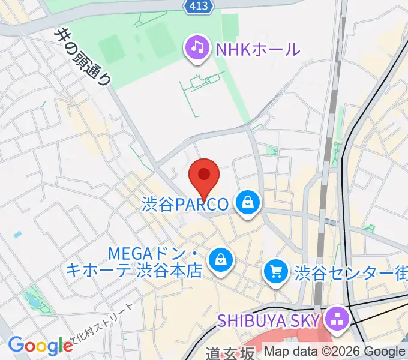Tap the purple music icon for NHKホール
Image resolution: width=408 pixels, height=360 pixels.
[197, 48]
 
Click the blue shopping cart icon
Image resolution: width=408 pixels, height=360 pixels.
[276, 272]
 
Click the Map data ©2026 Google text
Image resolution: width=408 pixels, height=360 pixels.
[335, 352]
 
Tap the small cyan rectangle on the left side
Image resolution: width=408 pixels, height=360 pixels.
[17, 234]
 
